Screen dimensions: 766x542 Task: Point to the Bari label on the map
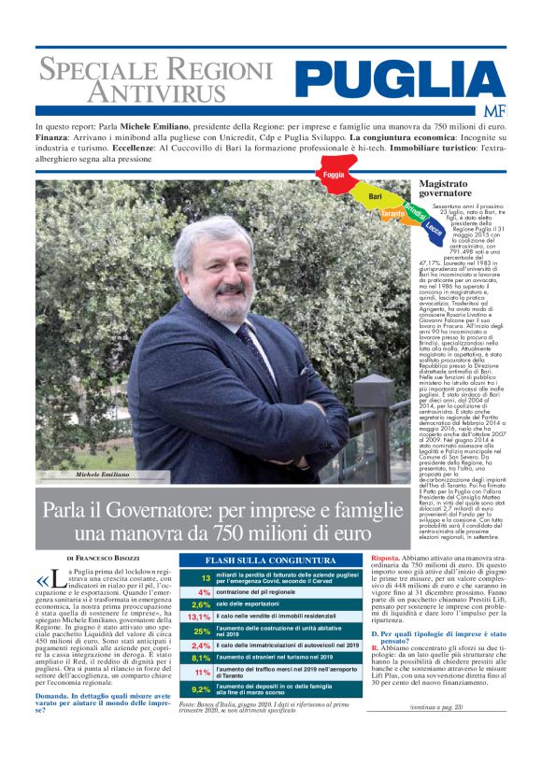(376, 196)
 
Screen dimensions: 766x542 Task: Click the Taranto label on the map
(393, 216)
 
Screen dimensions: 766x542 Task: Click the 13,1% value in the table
(199, 617)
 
